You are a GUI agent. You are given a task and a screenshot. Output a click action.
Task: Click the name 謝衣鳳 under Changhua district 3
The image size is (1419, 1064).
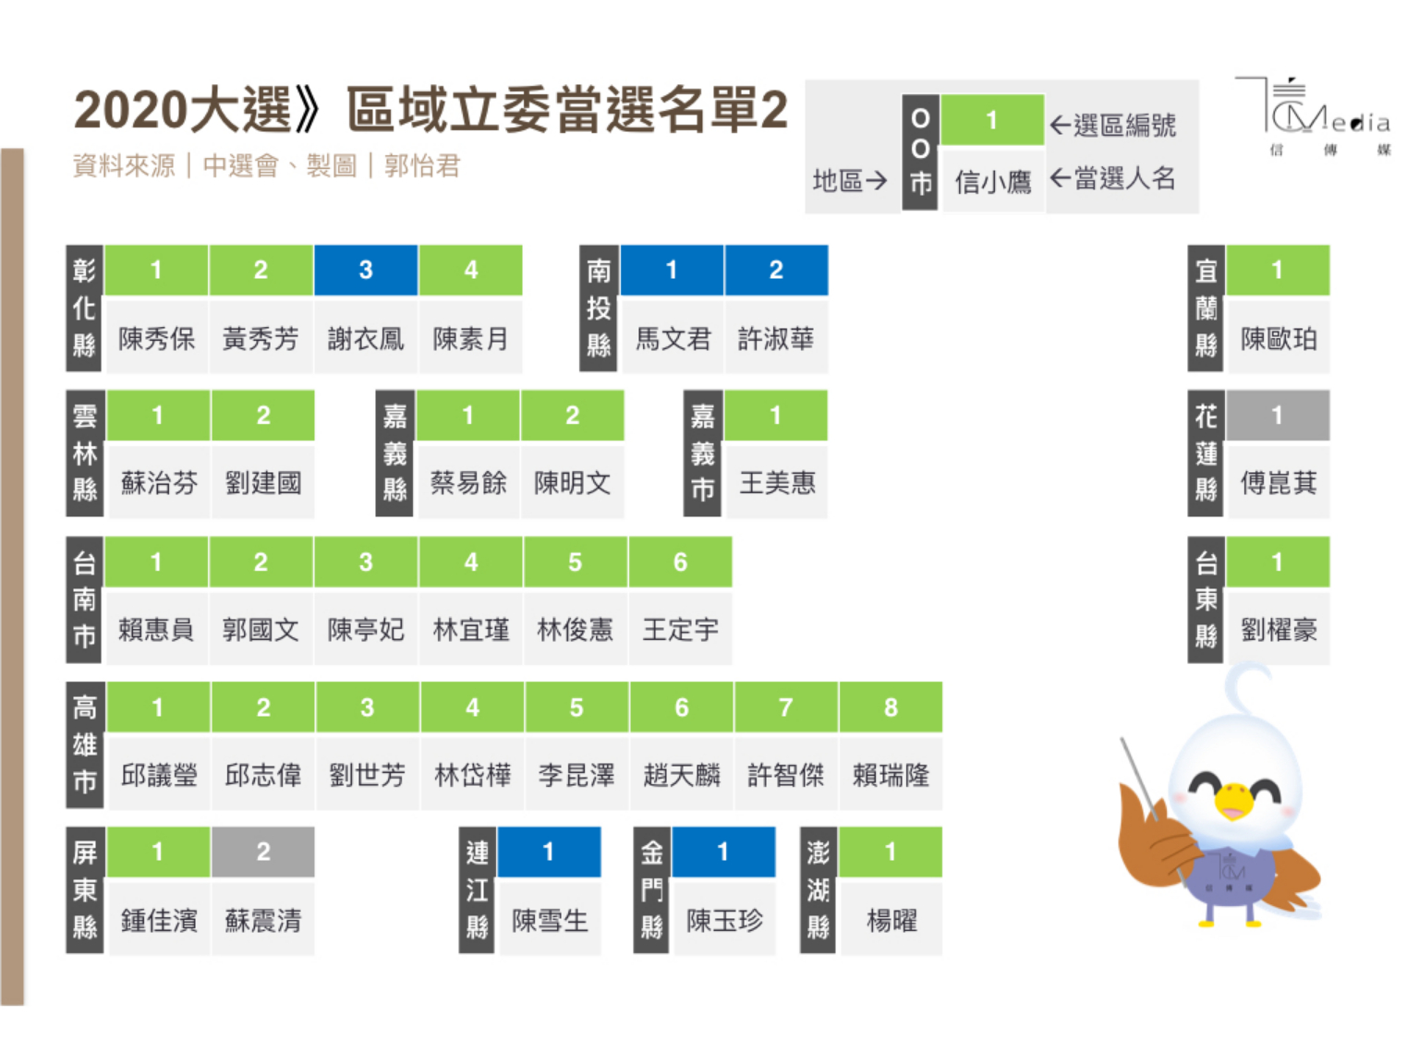coord(366,339)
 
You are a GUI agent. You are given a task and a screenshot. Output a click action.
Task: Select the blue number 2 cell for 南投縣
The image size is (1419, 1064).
coord(776,270)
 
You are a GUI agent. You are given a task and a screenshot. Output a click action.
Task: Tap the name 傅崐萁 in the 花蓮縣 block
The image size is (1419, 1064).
coord(1279,483)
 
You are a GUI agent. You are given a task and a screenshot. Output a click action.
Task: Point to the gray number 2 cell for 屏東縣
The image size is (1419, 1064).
coord(263,852)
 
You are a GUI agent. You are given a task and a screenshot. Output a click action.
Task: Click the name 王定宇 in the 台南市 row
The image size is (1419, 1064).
coord(681,630)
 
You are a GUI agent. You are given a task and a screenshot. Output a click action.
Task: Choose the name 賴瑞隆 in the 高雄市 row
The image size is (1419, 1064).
coord(891,775)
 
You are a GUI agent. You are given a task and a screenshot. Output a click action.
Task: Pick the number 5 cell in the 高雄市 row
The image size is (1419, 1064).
coord(576,707)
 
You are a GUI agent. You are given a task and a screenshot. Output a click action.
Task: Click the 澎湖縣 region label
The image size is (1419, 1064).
coord(818,889)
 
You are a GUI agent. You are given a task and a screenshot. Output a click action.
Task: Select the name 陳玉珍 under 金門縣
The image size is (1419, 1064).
coord(724,920)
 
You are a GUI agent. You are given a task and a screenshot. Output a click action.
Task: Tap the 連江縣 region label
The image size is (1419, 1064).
coord(477,889)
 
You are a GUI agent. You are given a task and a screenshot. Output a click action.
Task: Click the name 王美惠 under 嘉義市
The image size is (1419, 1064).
coord(777,483)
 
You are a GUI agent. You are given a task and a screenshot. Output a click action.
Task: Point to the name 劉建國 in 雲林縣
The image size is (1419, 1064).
coord(263,483)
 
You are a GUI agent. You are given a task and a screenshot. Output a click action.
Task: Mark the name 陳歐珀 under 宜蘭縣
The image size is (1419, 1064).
coord(1279,339)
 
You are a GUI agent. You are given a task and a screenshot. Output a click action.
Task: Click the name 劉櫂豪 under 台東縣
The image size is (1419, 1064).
coord(1279,630)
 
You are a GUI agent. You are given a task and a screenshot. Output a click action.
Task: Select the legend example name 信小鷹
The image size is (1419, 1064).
coord(993,182)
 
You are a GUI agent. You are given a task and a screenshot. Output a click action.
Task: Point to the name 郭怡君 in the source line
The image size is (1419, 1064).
coord(422,166)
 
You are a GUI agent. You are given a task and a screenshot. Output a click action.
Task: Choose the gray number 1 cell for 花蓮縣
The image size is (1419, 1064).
coord(1278,416)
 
